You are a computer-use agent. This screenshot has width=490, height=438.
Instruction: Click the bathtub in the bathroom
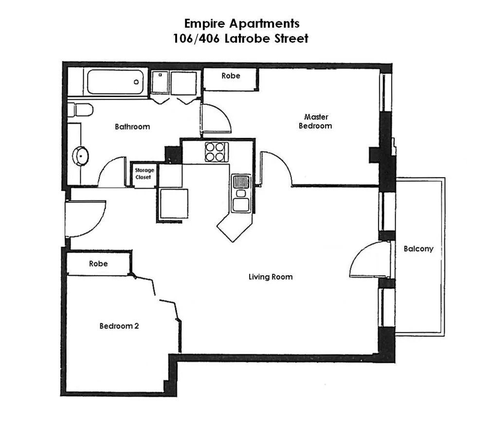(x=116, y=82)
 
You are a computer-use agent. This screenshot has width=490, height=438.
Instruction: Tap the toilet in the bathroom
(x=81, y=110)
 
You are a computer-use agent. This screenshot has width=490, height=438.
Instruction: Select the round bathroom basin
(x=81, y=156)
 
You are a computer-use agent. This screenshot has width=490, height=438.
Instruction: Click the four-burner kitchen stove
(x=216, y=151)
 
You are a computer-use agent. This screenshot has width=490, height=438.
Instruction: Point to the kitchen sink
(x=241, y=193)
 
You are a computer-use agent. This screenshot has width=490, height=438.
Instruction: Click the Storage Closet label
(x=144, y=174)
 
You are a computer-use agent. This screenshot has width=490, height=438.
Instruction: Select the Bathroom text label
(x=132, y=127)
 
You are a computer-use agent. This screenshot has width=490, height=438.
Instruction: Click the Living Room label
(x=271, y=277)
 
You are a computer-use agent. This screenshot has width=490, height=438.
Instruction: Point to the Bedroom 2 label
(x=119, y=326)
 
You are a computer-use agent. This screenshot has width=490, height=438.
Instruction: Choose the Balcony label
(x=418, y=249)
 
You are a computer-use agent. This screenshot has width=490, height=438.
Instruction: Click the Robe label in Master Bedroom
(x=231, y=76)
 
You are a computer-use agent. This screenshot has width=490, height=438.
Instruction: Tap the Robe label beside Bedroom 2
(x=98, y=264)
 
